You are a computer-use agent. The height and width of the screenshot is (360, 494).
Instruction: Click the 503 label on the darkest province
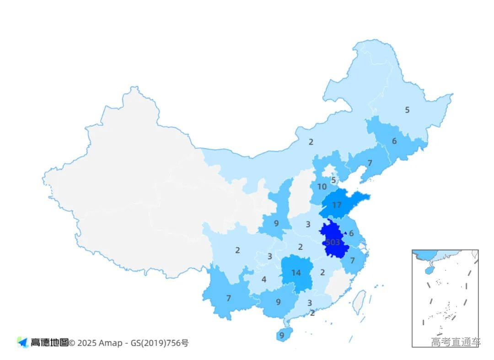tap(333, 242)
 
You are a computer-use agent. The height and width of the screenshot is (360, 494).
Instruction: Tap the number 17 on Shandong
tap(337, 205)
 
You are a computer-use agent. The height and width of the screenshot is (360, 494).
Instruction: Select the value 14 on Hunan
tap(296, 273)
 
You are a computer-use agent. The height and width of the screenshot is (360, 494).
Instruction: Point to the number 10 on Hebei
tap(322, 187)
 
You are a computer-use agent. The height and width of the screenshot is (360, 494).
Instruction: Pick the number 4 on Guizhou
tap(264, 279)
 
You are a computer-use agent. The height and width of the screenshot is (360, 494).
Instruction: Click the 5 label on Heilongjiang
tap(407, 110)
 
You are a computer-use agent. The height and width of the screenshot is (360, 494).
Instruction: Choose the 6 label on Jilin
tap(394, 141)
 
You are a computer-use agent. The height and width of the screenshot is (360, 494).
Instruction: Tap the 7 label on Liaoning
tap(370, 163)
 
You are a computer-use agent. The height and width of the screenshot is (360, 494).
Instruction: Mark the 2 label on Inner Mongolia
tap(311, 142)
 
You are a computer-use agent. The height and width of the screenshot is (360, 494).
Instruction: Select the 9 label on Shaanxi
tap(276, 224)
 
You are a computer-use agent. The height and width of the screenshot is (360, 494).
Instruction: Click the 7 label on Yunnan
tap(228, 298)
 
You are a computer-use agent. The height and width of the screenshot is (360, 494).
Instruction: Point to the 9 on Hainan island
tap(282, 335)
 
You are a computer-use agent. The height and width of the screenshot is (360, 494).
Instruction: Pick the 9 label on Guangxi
tap(278, 302)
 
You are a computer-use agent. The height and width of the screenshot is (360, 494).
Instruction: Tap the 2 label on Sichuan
tap(237, 250)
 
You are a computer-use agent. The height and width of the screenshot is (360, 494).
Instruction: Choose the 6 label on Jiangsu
tap(351, 233)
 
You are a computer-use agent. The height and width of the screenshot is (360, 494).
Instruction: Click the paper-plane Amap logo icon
tap(22, 342)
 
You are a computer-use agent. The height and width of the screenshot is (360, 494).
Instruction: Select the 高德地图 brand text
tap(49, 343)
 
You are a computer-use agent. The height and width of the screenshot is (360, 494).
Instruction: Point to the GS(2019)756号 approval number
tap(160, 343)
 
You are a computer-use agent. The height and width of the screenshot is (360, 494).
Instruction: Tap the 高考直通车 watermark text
tap(456, 342)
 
